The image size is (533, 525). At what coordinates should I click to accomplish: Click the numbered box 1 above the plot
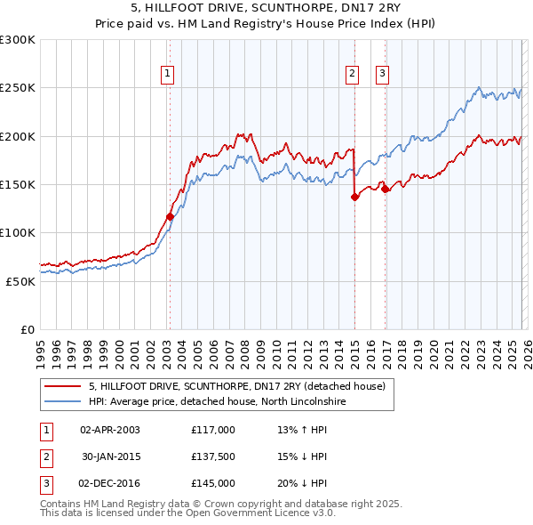point(167,74)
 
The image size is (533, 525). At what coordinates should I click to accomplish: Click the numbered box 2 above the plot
point(352,74)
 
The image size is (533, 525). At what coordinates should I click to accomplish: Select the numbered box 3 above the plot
point(382,74)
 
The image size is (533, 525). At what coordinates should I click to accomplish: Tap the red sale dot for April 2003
point(170,216)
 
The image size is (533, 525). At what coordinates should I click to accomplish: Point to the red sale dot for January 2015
point(354,198)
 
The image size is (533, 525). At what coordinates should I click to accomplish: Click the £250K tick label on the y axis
point(17,88)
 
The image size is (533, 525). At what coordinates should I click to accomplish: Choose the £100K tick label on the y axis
point(17,232)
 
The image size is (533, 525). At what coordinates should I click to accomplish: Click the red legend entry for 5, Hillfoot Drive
point(236,387)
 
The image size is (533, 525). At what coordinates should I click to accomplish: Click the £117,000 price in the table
point(213,429)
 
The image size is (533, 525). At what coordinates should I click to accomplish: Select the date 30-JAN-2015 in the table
point(110,456)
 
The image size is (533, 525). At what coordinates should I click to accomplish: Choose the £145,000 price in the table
point(213,483)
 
